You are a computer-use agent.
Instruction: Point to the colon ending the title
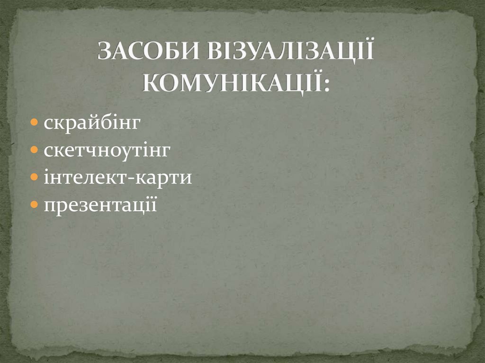point(325,83)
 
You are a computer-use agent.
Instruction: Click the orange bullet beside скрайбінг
point(35,123)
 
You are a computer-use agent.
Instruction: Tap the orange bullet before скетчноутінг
point(35,151)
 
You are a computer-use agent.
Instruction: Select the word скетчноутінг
point(106,151)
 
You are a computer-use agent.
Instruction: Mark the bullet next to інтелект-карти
point(35,178)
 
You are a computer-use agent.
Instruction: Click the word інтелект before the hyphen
point(85,178)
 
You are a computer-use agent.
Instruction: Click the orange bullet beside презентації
point(35,205)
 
